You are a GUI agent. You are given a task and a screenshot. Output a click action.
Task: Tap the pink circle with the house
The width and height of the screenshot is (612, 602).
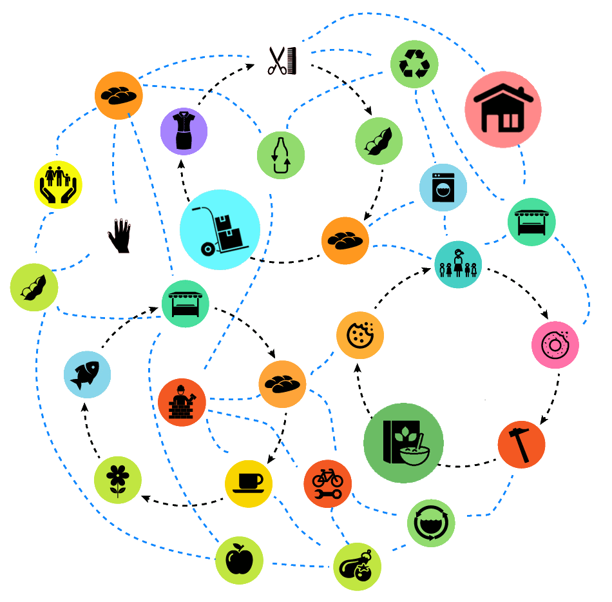503,110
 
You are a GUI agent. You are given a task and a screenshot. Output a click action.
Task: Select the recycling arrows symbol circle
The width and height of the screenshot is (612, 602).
414,64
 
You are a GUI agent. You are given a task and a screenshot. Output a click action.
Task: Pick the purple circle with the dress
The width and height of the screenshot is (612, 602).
184,131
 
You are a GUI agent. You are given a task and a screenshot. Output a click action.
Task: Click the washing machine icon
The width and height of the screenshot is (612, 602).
443,188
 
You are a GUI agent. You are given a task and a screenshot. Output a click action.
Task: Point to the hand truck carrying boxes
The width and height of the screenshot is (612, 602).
220,229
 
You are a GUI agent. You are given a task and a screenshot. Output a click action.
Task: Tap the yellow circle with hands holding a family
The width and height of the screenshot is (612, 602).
58,184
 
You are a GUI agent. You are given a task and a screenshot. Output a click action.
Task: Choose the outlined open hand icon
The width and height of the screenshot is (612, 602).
120,236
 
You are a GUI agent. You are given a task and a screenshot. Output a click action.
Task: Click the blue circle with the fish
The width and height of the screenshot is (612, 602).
87,374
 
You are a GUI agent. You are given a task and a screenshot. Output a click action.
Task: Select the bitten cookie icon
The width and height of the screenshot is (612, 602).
360,335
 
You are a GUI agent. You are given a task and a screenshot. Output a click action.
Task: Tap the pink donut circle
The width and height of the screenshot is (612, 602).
555,345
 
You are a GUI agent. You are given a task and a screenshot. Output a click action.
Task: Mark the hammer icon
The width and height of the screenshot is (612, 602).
521,444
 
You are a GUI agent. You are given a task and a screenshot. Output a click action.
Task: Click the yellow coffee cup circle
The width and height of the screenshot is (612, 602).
249,483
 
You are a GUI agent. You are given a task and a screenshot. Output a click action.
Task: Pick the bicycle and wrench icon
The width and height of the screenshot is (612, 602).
327,483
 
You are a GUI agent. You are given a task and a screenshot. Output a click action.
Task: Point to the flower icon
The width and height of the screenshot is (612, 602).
118,480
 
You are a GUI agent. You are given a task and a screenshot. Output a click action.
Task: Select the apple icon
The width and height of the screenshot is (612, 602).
239,560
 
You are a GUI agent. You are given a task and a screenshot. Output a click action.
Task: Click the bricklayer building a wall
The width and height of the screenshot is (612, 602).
182,402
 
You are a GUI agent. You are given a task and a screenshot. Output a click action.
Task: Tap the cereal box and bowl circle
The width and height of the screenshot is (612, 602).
403,443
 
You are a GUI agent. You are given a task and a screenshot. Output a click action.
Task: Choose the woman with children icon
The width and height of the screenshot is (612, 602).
458,264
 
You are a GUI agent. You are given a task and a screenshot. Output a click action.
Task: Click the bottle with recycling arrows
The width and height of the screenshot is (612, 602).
281,155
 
